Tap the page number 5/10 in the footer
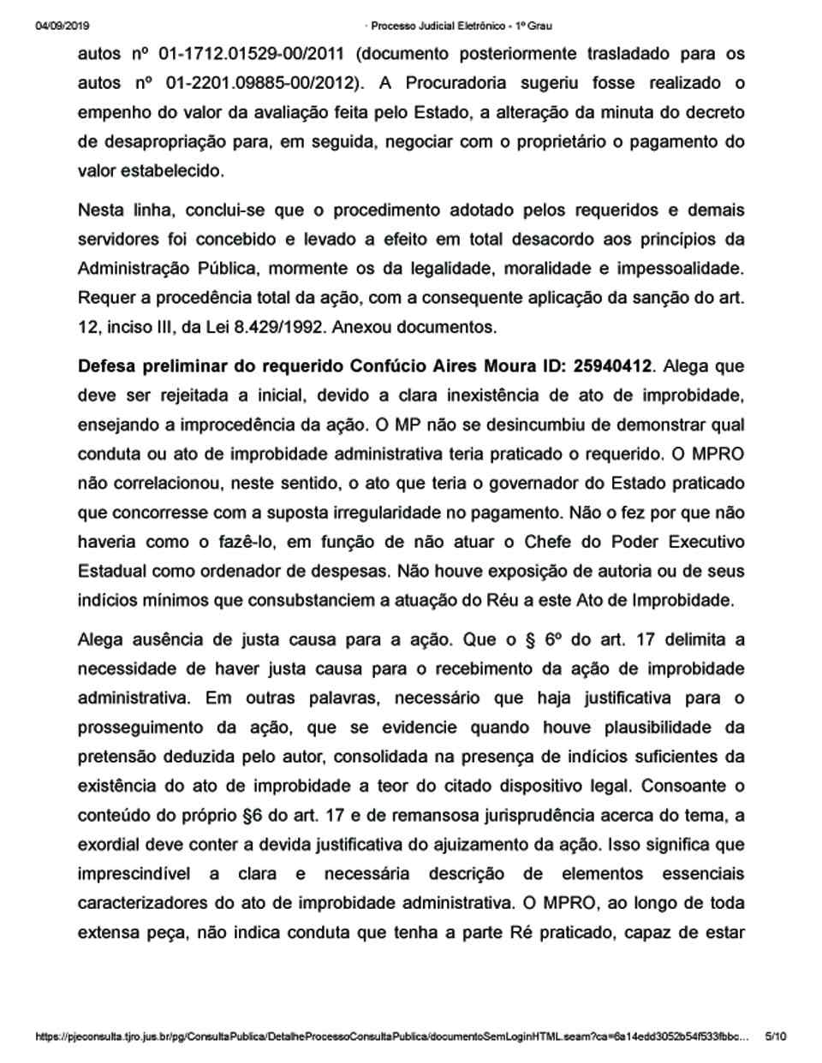point(775,1036)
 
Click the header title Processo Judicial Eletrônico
point(451,27)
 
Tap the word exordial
point(110,844)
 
